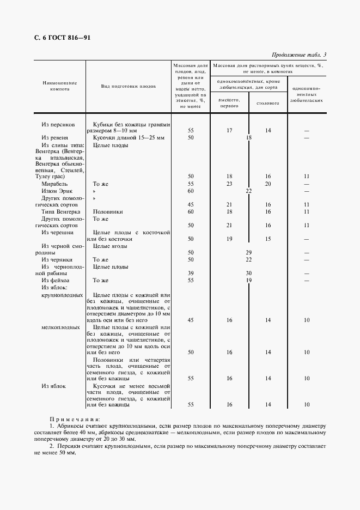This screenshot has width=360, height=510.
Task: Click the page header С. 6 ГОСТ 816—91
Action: click(x=59, y=38)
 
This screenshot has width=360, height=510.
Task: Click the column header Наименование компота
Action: click(x=59, y=86)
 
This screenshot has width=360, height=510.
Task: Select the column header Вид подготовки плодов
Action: click(x=129, y=86)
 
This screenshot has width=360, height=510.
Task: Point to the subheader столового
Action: click(x=267, y=102)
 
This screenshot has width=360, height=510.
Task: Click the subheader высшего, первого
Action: click(x=229, y=102)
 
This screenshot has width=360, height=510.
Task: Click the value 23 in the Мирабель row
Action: click(x=229, y=184)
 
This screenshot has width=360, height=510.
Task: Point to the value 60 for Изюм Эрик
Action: click(x=191, y=191)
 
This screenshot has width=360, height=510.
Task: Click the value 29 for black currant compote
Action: click(x=248, y=252)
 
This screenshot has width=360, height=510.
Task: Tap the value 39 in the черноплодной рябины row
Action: click(x=191, y=273)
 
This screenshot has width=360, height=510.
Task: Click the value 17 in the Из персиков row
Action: click(x=229, y=131)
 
